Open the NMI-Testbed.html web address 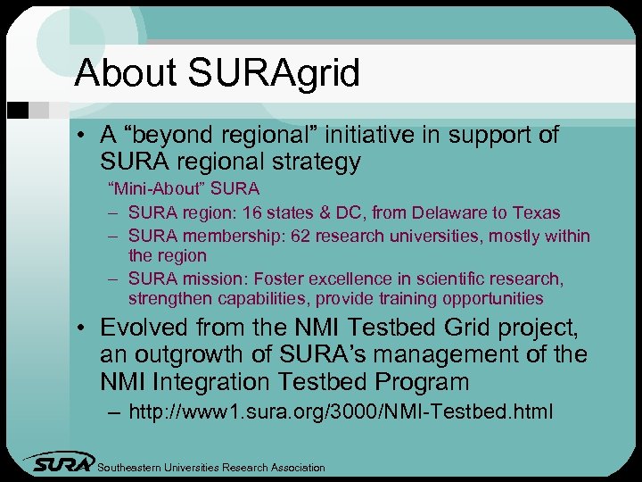click(x=340, y=412)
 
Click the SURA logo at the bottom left click(x=58, y=462)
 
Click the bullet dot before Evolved click(x=81, y=328)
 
